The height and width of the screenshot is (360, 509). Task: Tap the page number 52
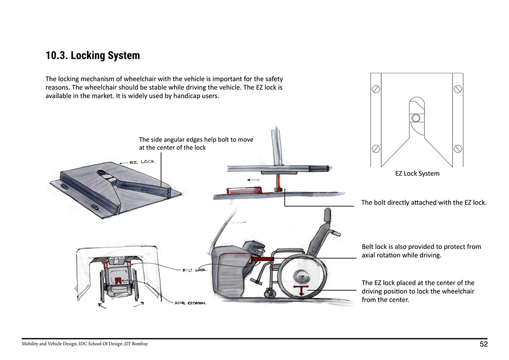point(484,344)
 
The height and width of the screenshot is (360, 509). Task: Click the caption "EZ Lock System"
point(417,174)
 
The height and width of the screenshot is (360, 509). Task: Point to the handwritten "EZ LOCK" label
point(143,162)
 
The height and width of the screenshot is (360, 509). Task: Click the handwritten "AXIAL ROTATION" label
point(190,302)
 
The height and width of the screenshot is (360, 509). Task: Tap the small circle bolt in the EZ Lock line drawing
point(416,118)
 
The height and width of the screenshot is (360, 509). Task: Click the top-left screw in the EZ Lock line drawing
point(376,89)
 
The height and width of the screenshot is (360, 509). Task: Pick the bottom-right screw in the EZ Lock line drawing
point(457,149)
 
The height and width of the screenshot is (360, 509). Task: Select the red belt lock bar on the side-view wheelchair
point(262,260)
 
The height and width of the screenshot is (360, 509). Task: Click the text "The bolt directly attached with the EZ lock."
point(423,203)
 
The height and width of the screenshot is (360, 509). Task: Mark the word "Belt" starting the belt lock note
point(368,247)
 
